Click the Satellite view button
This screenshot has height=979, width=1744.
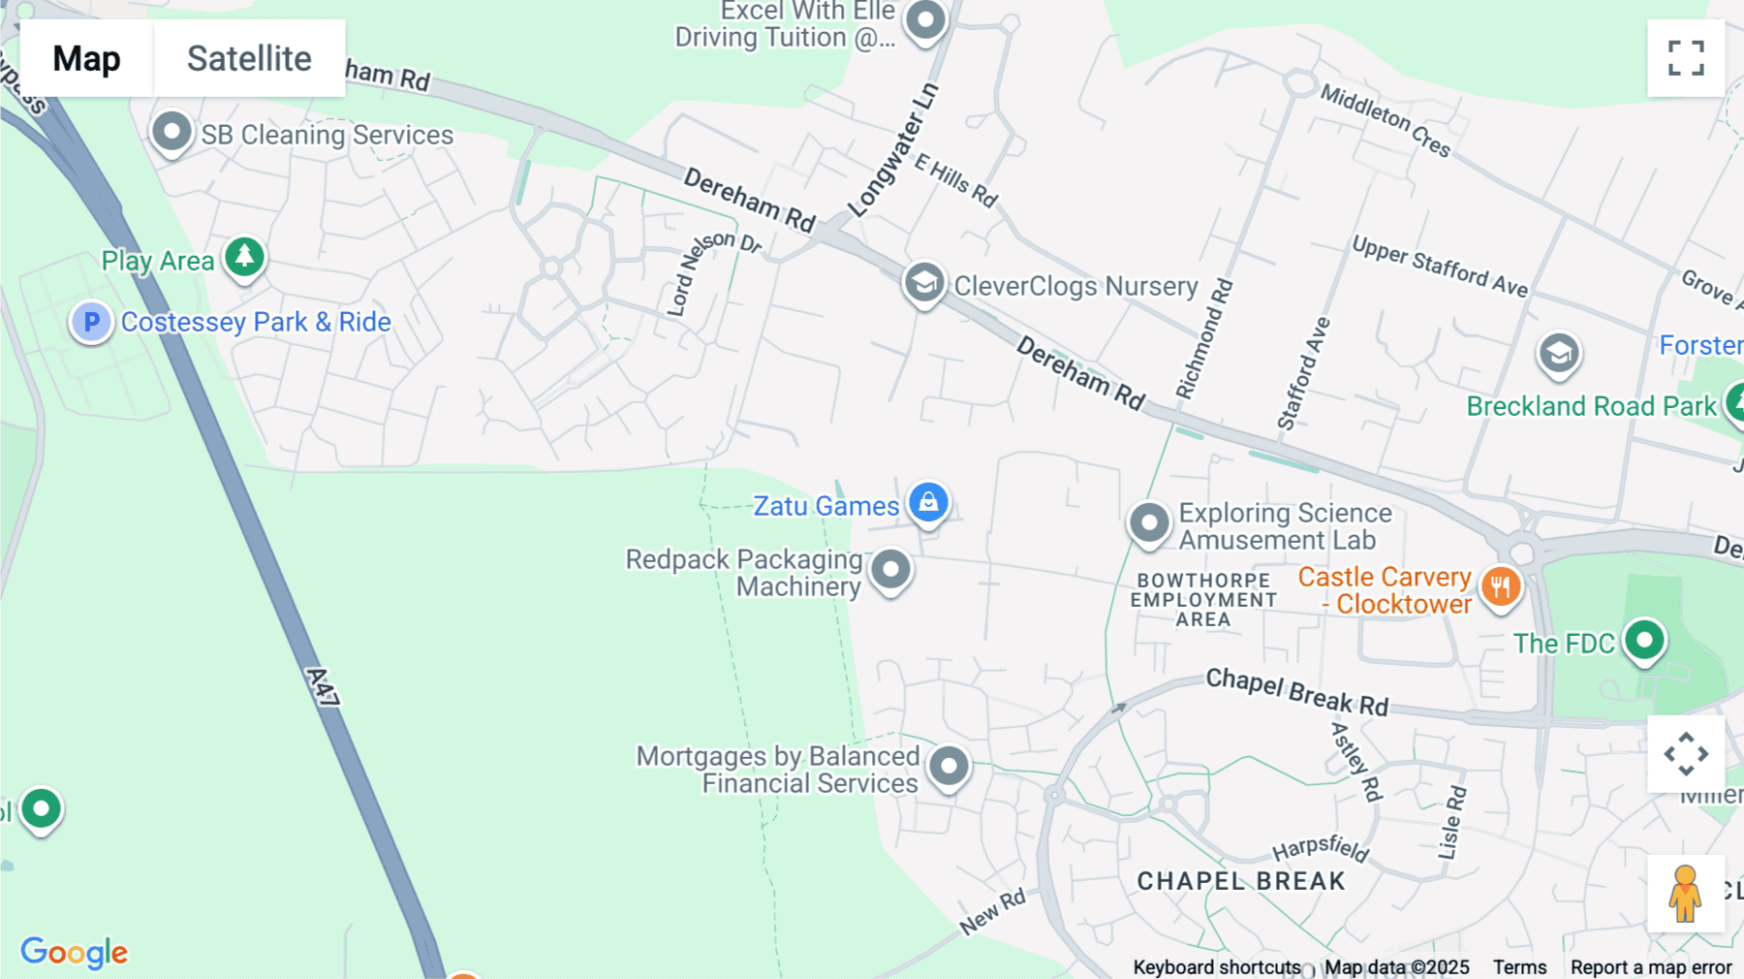click(249, 58)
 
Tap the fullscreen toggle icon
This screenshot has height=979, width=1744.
click(1686, 58)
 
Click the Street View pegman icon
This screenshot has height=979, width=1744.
click(1685, 893)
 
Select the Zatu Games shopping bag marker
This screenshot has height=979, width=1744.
click(928, 502)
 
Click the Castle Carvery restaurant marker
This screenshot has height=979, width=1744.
click(1500, 586)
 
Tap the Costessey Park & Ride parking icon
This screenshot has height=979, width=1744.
click(91, 321)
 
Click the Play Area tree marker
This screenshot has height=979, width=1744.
click(244, 257)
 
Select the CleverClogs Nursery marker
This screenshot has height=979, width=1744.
click(924, 283)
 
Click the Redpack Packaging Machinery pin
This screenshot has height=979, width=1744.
click(890, 570)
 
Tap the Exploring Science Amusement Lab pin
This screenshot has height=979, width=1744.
click(1149, 522)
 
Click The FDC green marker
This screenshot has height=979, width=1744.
click(1643, 640)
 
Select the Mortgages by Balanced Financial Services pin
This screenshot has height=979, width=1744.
click(949, 766)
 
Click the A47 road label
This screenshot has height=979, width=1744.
click(324, 686)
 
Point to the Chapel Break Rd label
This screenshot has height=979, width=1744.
click(1296, 692)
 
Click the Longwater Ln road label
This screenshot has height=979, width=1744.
click(893, 151)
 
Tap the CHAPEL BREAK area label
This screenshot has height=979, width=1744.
click(1241, 881)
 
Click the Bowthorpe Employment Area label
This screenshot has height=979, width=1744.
click(1203, 600)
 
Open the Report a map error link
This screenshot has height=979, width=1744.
click(1650, 967)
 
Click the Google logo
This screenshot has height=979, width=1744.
click(75, 952)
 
